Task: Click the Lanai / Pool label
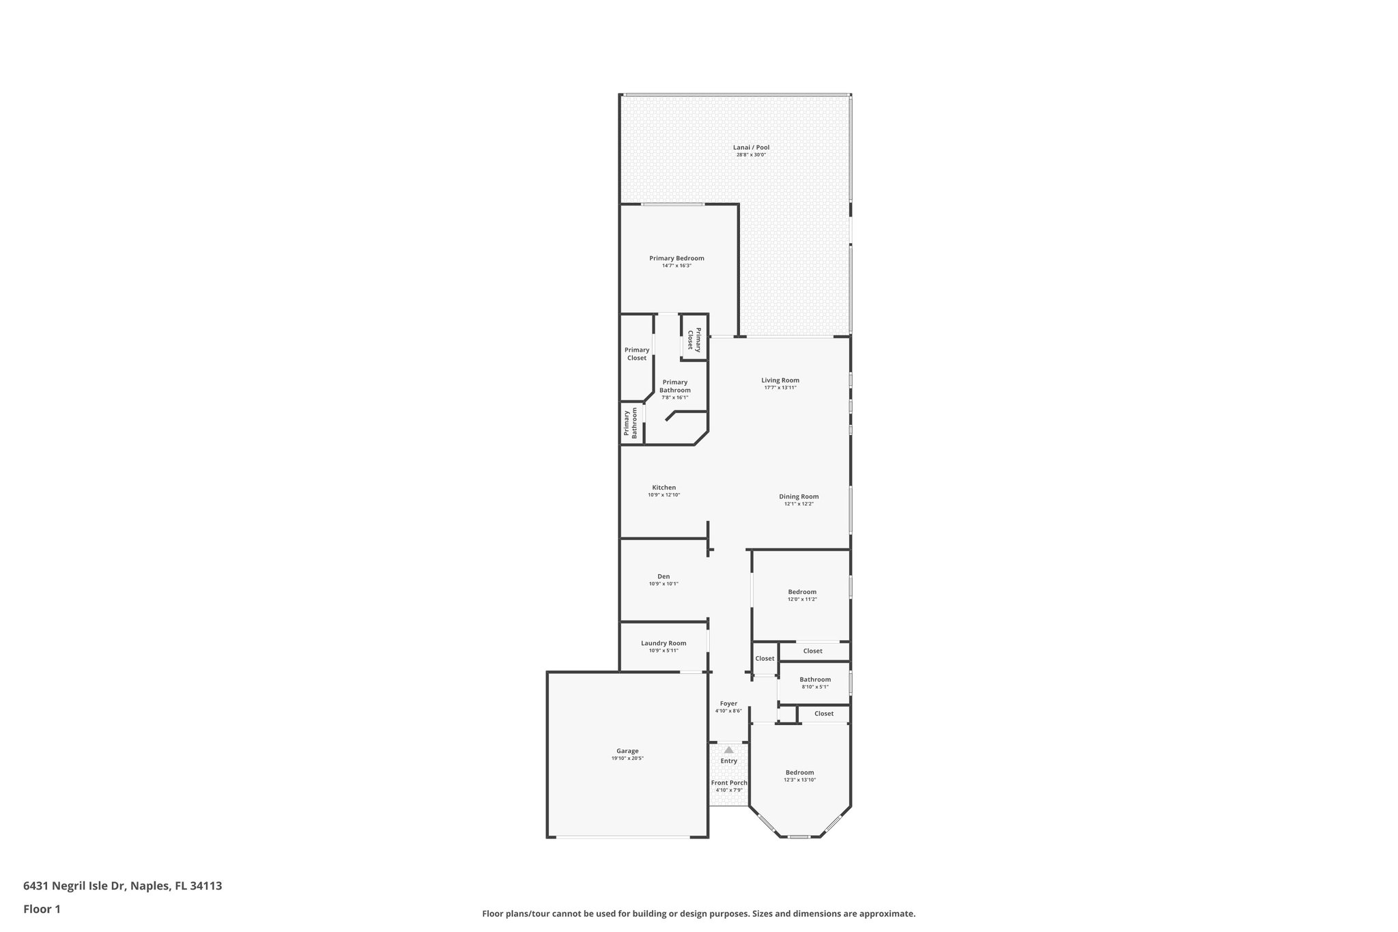pos(751,147)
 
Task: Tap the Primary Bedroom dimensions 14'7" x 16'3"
pos(676,266)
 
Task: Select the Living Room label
pos(780,380)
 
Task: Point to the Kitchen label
pos(664,488)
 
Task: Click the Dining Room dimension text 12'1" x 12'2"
pos(799,504)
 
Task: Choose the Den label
pos(664,576)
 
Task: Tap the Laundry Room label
pos(664,643)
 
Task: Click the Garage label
pos(627,751)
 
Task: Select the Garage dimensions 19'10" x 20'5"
pos(627,759)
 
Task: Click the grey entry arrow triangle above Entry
pos(728,750)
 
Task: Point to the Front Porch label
pos(729,782)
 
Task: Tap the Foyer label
pos(728,703)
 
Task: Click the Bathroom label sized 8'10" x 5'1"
pos(815,679)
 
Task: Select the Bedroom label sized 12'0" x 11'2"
pos(802,592)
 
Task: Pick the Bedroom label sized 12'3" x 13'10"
pos(799,772)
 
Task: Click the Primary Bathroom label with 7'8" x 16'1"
pos(674,386)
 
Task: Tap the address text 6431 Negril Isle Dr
pos(75,886)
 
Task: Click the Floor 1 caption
pos(42,909)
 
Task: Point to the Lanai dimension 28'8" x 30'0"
pos(751,155)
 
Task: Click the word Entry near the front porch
pos(728,761)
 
